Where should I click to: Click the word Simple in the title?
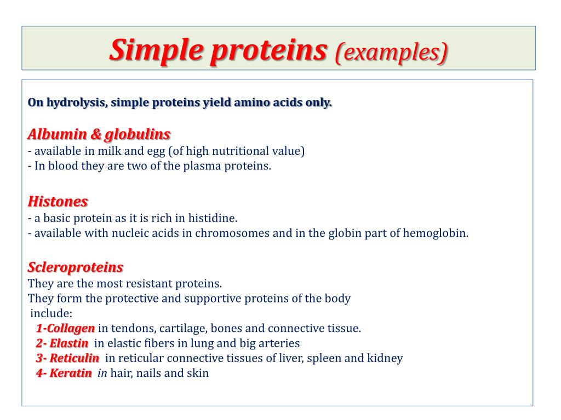coord(155,51)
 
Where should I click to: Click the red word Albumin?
coord(52,135)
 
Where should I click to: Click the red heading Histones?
coord(58,202)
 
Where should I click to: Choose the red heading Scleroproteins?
coord(76,267)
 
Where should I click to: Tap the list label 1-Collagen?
coord(65,329)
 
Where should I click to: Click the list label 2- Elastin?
coord(62,343)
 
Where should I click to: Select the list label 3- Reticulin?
coord(67,359)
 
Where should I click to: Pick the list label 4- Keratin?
coord(64,374)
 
